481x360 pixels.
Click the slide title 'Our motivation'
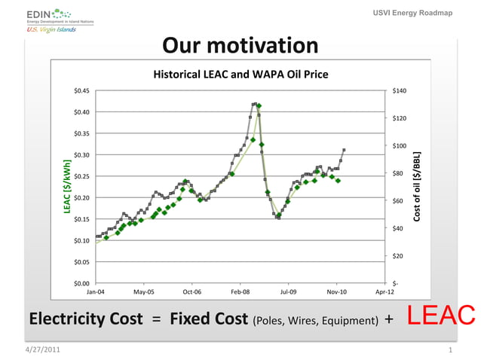pos(240,47)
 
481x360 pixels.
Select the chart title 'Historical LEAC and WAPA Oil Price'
pos(240,75)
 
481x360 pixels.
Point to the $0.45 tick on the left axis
pos(81,91)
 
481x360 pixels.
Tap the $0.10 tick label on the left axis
pos(81,240)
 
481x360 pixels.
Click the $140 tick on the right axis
pos(400,91)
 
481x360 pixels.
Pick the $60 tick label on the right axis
pos(398,201)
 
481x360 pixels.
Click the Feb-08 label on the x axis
pos(240,291)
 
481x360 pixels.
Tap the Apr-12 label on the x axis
pos(384,291)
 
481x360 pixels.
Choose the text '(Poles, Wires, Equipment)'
pos(316,321)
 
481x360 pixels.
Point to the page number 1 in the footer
pos(450,352)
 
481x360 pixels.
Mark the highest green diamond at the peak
pos(259,105)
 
